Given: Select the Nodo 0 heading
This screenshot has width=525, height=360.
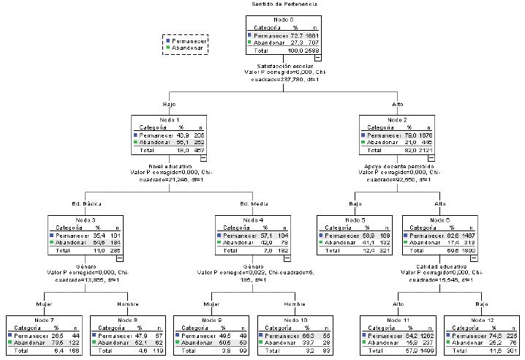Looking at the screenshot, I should point(284,18).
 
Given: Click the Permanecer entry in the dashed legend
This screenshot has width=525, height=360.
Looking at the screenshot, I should point(189,42).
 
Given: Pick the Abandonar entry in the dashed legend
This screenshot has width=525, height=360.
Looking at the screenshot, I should point(188,48).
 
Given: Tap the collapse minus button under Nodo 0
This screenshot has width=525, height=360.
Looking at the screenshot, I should point(318,59).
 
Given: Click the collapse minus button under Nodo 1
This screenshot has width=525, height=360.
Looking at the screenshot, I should point(203,157).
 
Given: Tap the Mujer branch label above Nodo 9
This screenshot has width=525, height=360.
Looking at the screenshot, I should point(212,302).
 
